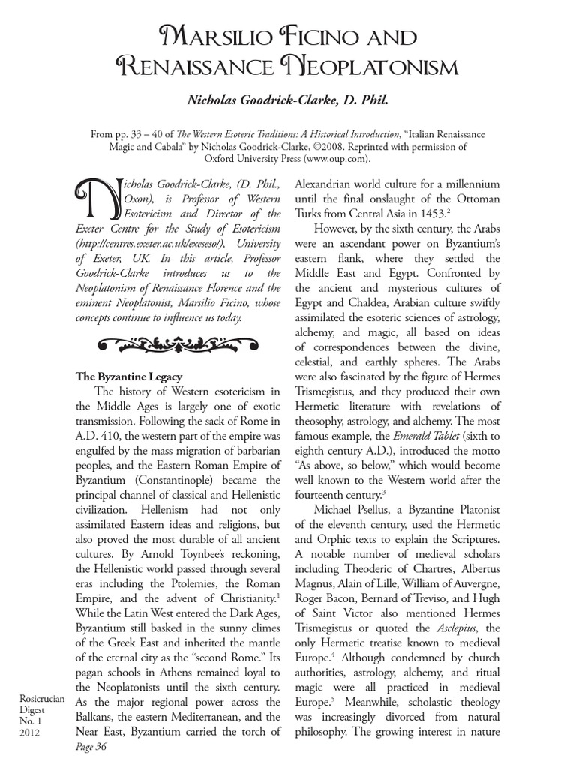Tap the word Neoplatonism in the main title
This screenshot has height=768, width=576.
click(x=373, y=69)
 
